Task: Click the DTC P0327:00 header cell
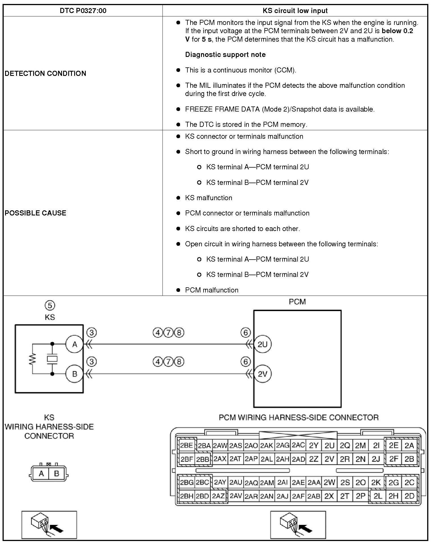[x=83, y=11]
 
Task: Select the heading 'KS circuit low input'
[x=295, y=11]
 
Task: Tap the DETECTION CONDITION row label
[x=45, y=74]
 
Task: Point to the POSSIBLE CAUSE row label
[x=35, y=213]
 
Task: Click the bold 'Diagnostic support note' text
[x=225, y=55]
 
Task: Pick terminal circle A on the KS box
[x=75, y=344]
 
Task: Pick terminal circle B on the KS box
[x=75, y=374]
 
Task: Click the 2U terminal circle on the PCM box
[x=262, y=344]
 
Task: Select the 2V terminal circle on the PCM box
[x=262, y=374]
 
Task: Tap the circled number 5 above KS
[x=50, y=305]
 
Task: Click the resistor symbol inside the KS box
[x=33, y=359]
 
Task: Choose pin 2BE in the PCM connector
[x=187, y=445]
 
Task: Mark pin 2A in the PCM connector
[x=409, y=445]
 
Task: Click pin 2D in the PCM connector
[x=409, y=496]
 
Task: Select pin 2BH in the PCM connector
[x=187, y=496]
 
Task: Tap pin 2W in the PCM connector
[x=329, y=482]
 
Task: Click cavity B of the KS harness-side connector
[x=57, y=473]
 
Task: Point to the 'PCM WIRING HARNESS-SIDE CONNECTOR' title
[x=299, y=418]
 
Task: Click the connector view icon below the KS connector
[x=49, y=524]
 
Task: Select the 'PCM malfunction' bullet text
[x=211, y=290]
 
